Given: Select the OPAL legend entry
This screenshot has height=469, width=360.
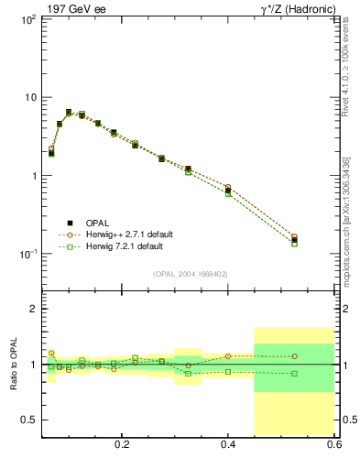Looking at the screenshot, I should pyautogui.click(x=95, y=223).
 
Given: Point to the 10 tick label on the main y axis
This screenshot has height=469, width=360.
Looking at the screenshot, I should pyautogui.click(x=29, y=97).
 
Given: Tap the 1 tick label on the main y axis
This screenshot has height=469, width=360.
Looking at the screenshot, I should pyautogui.click(x=33, y=176).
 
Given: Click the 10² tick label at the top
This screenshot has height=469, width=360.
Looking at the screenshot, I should pyautogui.click(x=28, y=19).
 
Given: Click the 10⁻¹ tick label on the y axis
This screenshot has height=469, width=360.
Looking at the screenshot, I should pyautogui.click(x=27, y=255).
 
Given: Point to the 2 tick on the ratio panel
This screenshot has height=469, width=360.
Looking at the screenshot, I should pyautogui.click(x=32, y=310).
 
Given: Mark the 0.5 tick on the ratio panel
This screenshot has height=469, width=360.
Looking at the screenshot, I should pyautogui.click(x=28, y=420).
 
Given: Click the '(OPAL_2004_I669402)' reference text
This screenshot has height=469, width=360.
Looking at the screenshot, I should pyautogui.click(x=191, y=273).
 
